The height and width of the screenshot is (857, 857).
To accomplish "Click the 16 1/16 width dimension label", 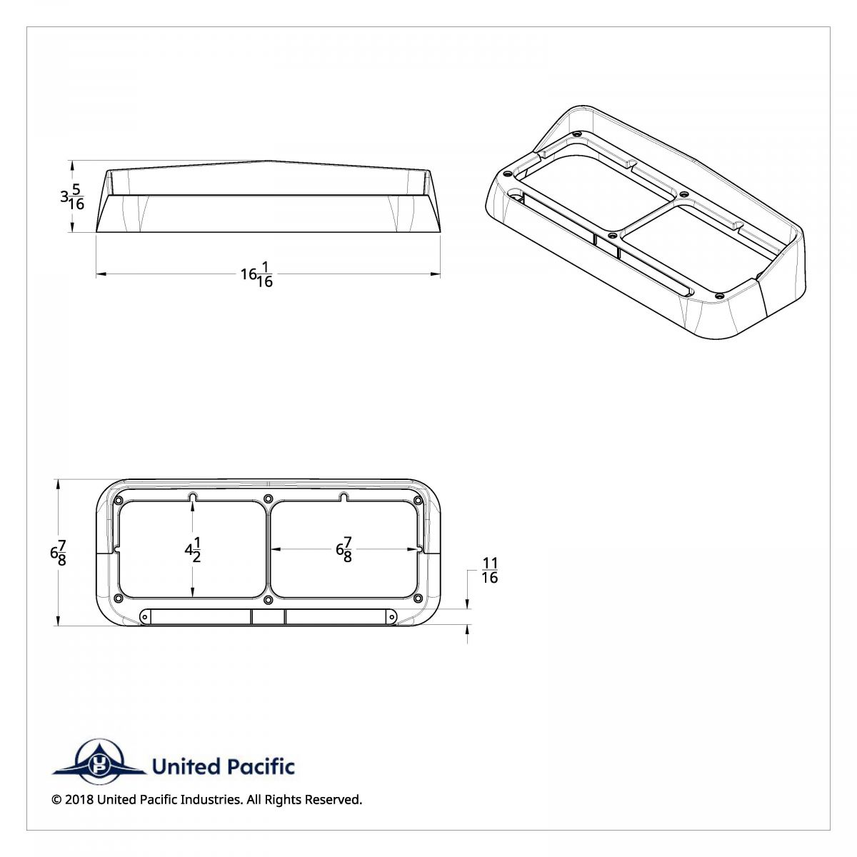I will pyautogui.click(x=257, y=274).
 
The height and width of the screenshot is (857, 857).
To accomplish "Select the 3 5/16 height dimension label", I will pyautogui.click(x=72, y=196).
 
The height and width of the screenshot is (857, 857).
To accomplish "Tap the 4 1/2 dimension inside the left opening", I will pyautogui.click(x=193, y=549).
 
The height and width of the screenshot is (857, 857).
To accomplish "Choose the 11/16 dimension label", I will pyautogui.click(x=490, y=571).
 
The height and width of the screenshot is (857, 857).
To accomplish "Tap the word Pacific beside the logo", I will pyautogui.click(x=260, y=767).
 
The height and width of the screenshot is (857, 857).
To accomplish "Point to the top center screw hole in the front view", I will pyautogui.click(x=268, y=498).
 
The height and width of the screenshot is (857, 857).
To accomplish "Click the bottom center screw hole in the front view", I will pyautogui.click(x=268, y=600).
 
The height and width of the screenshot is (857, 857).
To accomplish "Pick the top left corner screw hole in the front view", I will pyautogui.click(x=119, y=499).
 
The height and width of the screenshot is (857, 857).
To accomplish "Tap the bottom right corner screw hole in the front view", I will pyautogui.click(x=417, y=598).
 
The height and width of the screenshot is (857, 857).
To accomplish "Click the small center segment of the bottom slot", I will pyautogui.click(x=268, y=617).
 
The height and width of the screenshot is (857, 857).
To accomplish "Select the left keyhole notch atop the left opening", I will pyautogui.click(x=193, y=496).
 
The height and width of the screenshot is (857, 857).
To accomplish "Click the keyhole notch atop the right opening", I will pyautogui.click(x=344, y=496).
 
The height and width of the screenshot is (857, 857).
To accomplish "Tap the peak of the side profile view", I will pyautogui.click(x=268, y=161).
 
